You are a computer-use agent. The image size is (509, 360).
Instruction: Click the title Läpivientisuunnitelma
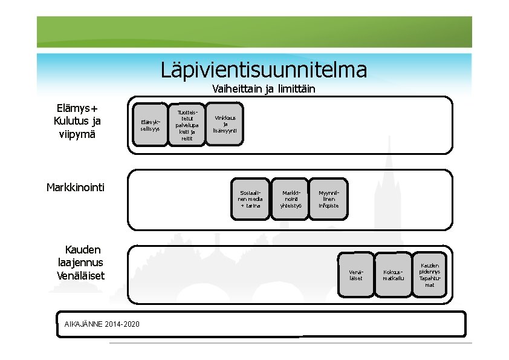264,70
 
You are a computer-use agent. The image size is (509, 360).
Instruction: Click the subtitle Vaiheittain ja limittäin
264,90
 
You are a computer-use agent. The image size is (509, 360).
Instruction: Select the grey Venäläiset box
355,275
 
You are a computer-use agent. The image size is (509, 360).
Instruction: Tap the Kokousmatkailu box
393,275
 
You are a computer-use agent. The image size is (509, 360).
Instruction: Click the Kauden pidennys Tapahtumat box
429,274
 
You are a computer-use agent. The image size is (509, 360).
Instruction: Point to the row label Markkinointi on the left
76,187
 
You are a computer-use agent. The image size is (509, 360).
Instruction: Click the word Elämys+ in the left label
77,108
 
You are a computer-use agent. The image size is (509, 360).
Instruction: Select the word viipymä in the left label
77,134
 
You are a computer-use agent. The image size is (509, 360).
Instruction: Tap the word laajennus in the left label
78,263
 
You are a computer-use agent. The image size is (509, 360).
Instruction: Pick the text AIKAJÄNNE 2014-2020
102,324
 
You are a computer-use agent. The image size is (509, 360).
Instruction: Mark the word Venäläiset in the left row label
80,275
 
